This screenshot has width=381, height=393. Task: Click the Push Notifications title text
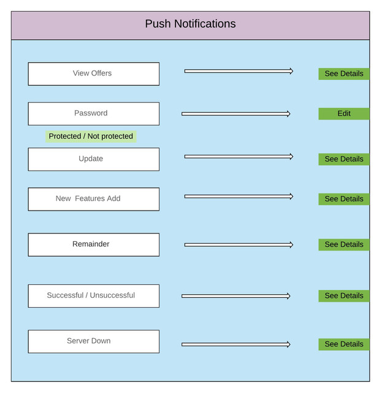[x=190, y=25]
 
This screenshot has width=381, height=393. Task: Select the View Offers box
[x=93, y=74]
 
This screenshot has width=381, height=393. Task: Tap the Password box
[x=93, y=114]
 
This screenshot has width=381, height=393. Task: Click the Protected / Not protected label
[x=91, y=136]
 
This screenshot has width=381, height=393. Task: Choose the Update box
[x=93, y=159]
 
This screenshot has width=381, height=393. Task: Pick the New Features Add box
[x=93, y=199]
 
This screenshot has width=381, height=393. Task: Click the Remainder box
[x=93, y=244]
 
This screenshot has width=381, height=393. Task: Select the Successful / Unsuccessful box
[x=93, y=295]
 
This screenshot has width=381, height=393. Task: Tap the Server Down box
[x=93, y=341]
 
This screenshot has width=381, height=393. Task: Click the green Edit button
[x=344, y=114]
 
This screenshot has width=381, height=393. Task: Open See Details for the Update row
[x=344, y=159]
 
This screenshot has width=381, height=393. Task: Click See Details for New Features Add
[x=344, y=199]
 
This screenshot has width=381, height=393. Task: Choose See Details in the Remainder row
[x=344, y=244]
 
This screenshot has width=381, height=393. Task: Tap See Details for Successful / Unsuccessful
[x=344, y=296]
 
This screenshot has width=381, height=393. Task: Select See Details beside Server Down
[x=344, y=344]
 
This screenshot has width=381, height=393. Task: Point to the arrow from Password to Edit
[x=236, y=114]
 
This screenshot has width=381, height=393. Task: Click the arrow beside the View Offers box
[x=239, y=71]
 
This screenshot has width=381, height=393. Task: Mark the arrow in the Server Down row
[x=236, y=344]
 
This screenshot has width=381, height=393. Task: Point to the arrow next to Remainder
[x=239, y=244]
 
